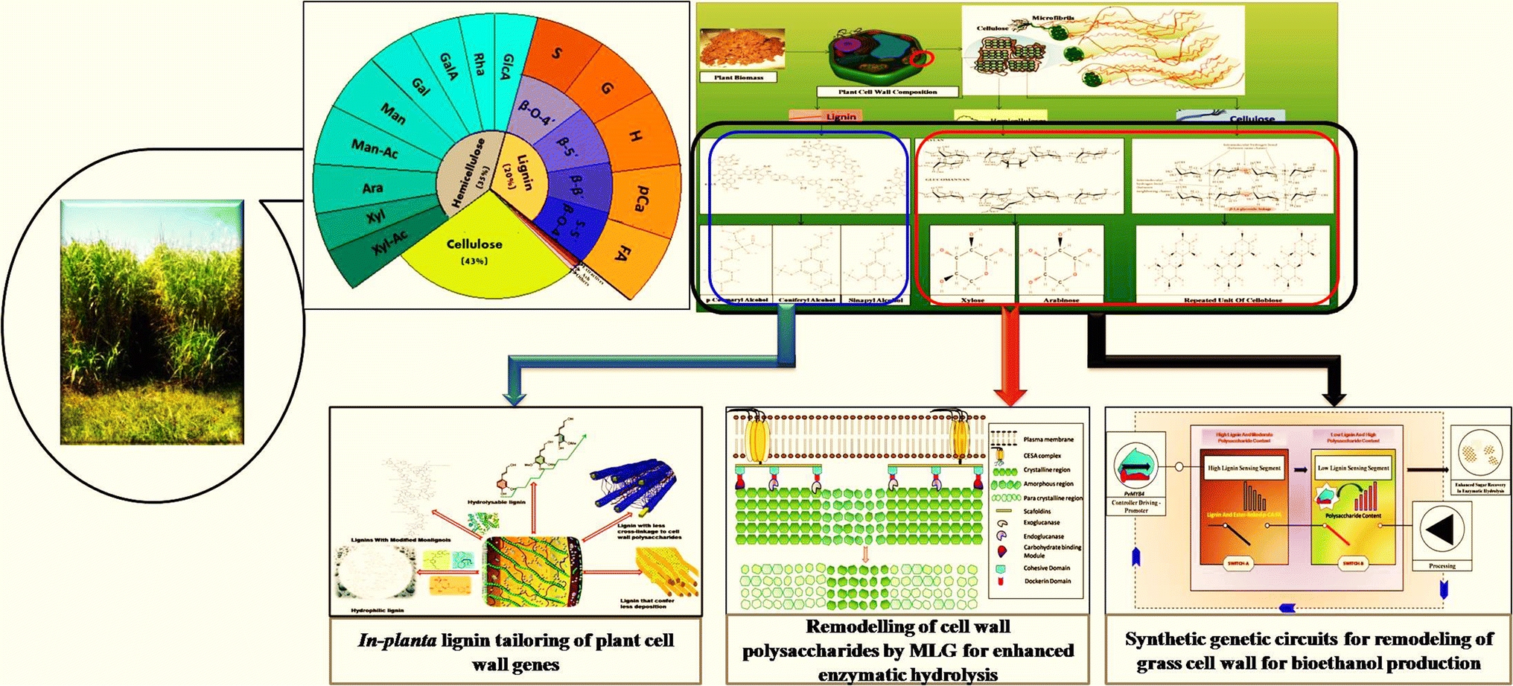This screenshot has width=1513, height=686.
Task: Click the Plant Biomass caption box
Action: tap(739, 77)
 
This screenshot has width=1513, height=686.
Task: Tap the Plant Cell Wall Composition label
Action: tap(887, 92)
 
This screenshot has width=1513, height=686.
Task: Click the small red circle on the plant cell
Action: tap(922, 58)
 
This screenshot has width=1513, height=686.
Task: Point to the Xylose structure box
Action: tap(972, 264)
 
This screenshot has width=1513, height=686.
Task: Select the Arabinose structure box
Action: tap(1060, 264)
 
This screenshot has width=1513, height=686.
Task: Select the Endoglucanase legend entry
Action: tap(1042, 536)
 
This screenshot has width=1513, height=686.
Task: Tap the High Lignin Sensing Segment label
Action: tap(1243, 469)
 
